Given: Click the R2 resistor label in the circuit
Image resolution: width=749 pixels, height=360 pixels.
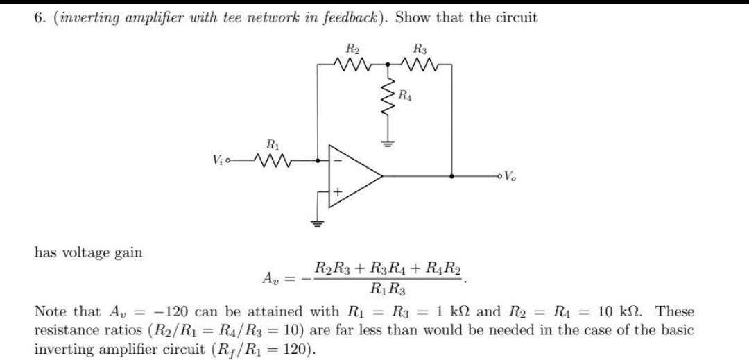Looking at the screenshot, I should point(352,49).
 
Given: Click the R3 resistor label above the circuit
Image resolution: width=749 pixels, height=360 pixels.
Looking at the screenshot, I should point(420,49).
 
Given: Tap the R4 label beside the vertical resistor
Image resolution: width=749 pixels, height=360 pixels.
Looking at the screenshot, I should point(405,97).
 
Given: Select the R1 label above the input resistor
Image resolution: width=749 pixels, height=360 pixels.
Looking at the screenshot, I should point(273,145).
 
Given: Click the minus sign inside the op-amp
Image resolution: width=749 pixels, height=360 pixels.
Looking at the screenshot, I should point(338,160).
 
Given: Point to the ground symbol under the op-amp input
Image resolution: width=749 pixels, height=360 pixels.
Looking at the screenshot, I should point(318,223).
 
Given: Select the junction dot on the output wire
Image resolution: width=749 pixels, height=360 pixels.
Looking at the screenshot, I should point(452,177).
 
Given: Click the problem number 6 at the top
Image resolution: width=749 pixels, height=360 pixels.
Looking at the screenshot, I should point(39,18).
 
